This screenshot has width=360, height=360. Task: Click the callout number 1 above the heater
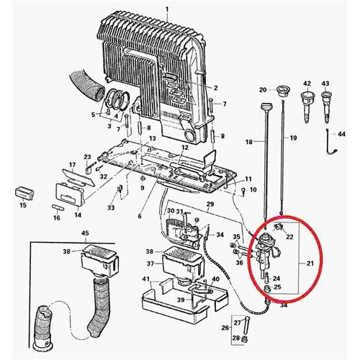(167, 10)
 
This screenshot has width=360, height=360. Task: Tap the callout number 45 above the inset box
(85, 233)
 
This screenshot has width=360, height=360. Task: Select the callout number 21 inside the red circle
(310, 264)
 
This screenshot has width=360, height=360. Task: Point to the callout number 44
(341, 134)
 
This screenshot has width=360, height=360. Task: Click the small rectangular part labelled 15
(24, 193)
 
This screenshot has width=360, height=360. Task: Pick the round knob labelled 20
(282, 91)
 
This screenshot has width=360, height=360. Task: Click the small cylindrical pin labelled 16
(58, 207)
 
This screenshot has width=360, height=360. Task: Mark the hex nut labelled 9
(142, 179)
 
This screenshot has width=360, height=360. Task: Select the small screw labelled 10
(243, 192)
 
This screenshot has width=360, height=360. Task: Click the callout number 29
(210, 204)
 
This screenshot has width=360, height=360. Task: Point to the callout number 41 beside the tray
(145, 279)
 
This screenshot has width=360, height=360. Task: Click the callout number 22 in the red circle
(289, 237)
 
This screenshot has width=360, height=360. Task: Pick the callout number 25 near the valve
(277, 287)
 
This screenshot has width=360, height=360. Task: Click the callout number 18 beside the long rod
(249, 142)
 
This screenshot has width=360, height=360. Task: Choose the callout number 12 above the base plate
(185, 148)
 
